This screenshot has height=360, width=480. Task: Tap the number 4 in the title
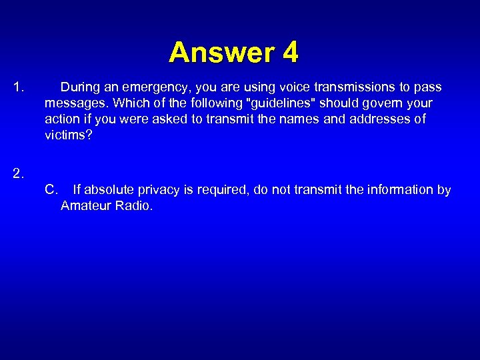[290, 52]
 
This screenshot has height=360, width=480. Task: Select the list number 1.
[19, 87]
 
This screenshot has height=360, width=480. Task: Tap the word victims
[67, 135]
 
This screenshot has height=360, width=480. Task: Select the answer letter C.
[51, 190]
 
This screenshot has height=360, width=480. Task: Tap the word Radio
[134, 206]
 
